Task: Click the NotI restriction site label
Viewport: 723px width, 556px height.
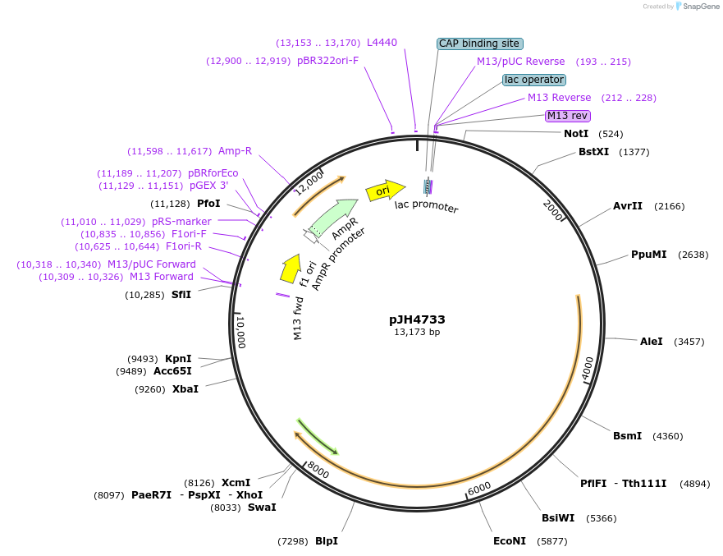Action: point(576,133)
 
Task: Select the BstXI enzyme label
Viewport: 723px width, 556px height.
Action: point(593,152)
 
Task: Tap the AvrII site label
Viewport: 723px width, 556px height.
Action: point(628,206)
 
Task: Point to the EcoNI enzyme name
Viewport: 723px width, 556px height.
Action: point(509,541)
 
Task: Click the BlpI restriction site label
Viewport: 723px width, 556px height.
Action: point(327,541)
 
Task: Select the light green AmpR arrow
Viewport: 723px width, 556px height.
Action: point(334,217)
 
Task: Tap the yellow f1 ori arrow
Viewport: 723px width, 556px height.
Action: point(291,266)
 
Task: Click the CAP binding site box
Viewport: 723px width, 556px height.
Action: point(480,44)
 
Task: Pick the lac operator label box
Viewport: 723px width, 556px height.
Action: point(534,80)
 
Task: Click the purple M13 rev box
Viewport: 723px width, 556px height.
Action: point(568,116)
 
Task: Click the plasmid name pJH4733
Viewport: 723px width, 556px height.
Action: point(417,319)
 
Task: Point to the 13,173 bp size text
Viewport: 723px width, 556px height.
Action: point(417,333)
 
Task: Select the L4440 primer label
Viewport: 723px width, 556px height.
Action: point(382,43)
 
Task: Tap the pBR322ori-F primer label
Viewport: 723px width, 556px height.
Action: point(328,61)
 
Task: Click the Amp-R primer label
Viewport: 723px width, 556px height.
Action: point(235,151)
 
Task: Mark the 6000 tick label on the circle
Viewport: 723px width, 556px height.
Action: point(479,488)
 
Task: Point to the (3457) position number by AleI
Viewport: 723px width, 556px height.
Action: point(689,342)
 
